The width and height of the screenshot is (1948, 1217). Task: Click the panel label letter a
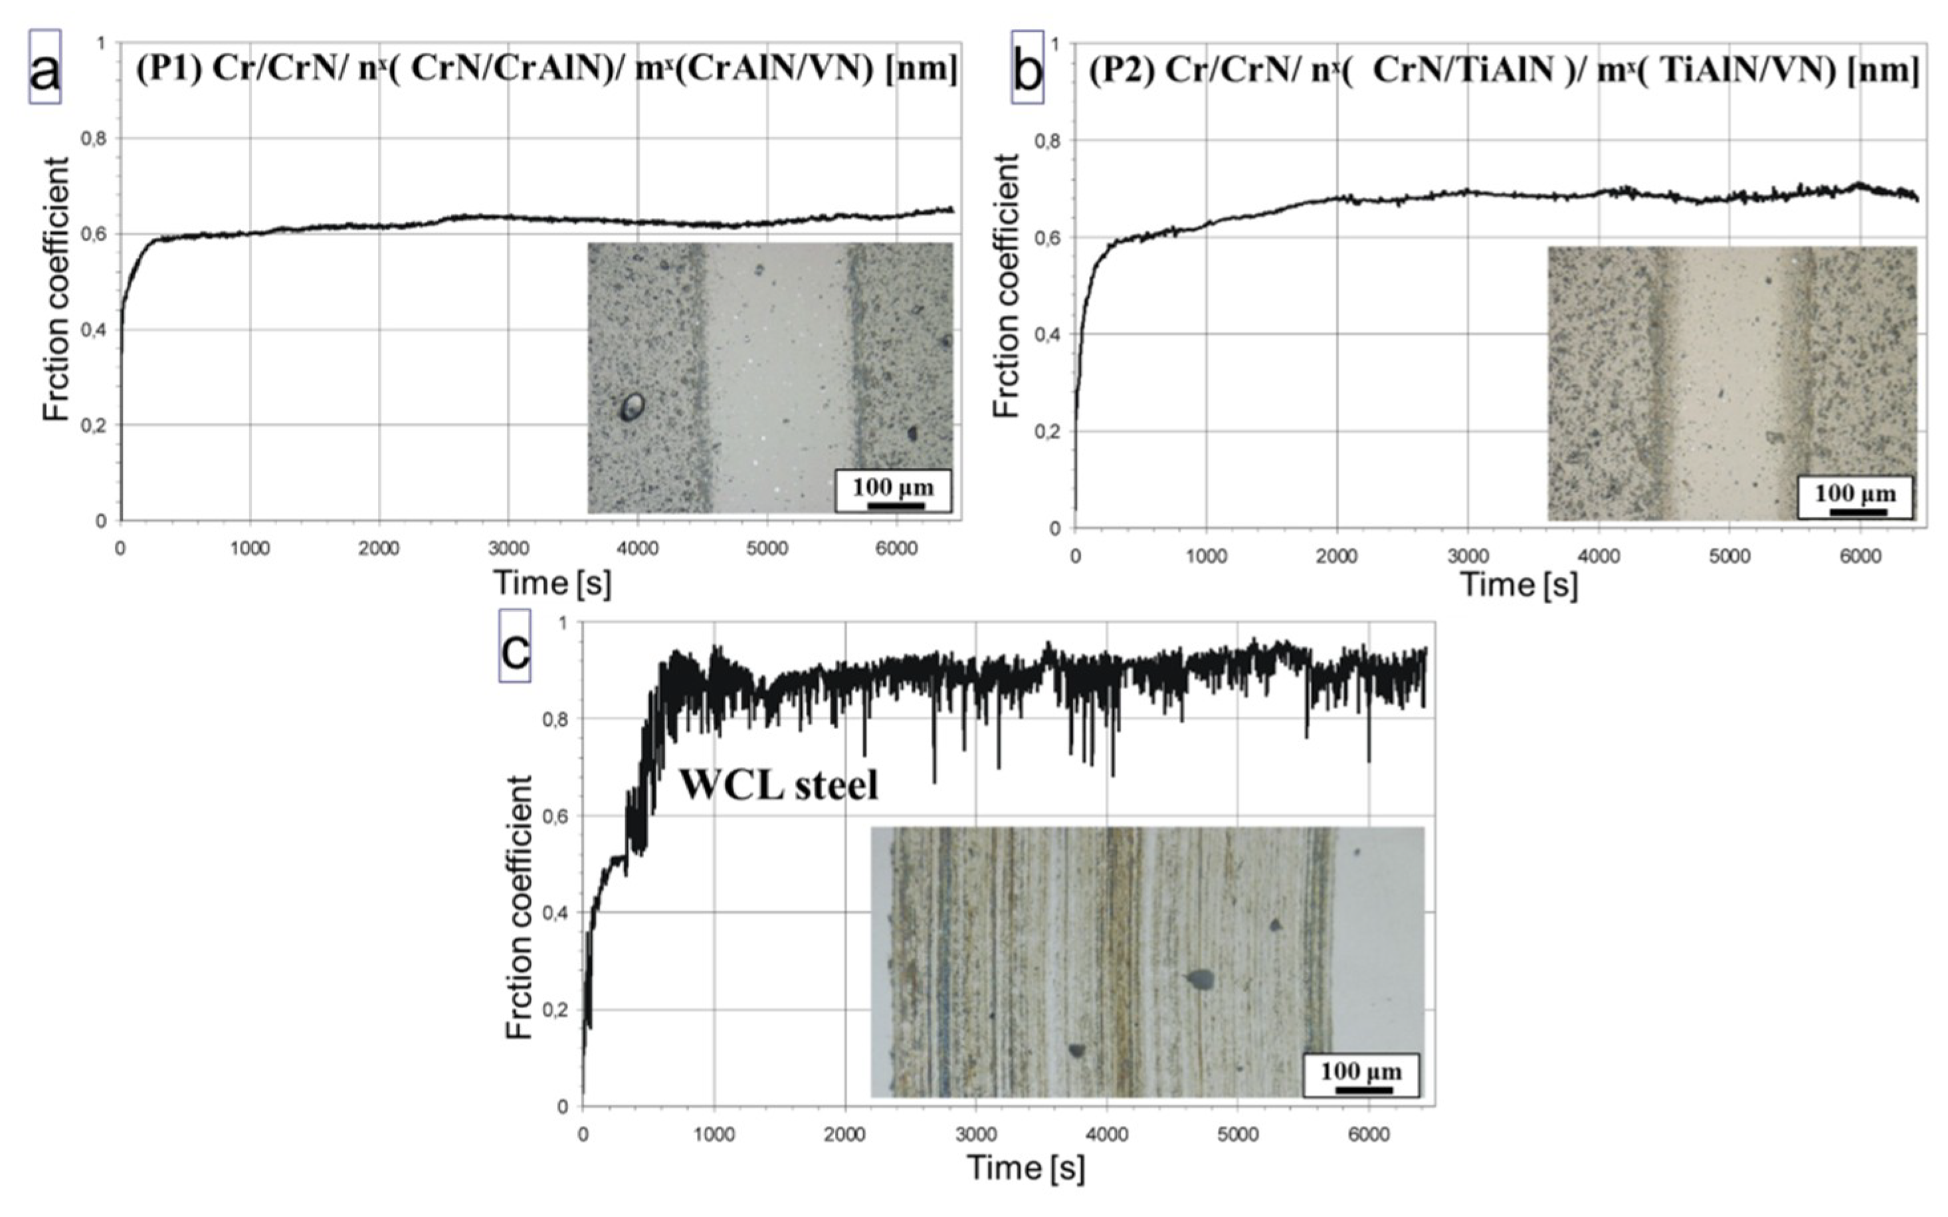[x=45, y=68]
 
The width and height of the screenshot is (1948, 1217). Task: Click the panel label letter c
[x=515, y=646]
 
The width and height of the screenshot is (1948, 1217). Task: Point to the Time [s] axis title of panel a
[x=552, y=583]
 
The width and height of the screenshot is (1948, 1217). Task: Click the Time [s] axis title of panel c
[x=1025, y=1168]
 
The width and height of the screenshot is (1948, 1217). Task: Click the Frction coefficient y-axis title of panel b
[x=1006, y=286]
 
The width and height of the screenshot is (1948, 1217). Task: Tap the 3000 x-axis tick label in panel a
[x=508, y=550]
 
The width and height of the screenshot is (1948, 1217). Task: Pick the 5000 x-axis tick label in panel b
[x=1729, y=557]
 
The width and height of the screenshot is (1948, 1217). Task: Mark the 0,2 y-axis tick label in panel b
[x=1048, y=432]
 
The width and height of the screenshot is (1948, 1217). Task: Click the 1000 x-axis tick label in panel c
[x=714, y=1135]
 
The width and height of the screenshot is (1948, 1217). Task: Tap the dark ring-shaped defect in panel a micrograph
[x=633, y=407]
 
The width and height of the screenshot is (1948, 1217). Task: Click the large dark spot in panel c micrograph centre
[x=1200, y=979]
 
